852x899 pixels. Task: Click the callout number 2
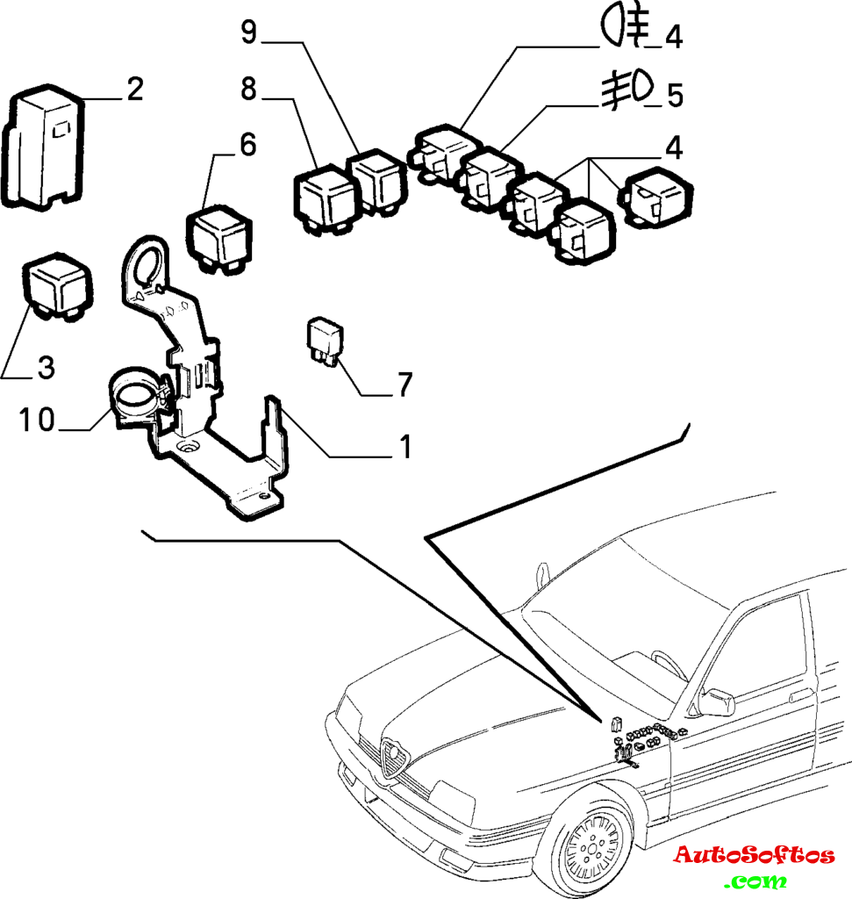point(133,90)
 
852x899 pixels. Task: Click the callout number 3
point(46,368)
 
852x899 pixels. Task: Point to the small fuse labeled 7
point(324,341)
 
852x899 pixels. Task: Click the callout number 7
point(405,385)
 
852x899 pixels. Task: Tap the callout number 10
point(38,421)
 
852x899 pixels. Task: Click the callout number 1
point(405,448)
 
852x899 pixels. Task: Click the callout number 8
point(248,89)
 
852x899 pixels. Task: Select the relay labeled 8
point(324,198)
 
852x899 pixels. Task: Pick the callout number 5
point(674,95)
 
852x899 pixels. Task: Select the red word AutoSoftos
point(753,855)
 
